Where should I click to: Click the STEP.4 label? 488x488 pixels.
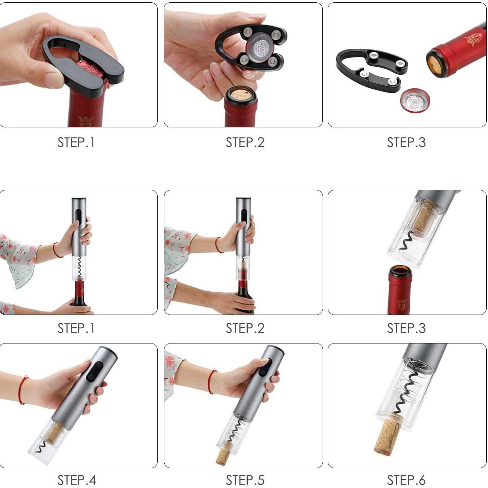77,480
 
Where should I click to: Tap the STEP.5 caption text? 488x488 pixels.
245,480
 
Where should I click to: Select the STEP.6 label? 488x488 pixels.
406,480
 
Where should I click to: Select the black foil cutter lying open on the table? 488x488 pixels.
370,71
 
